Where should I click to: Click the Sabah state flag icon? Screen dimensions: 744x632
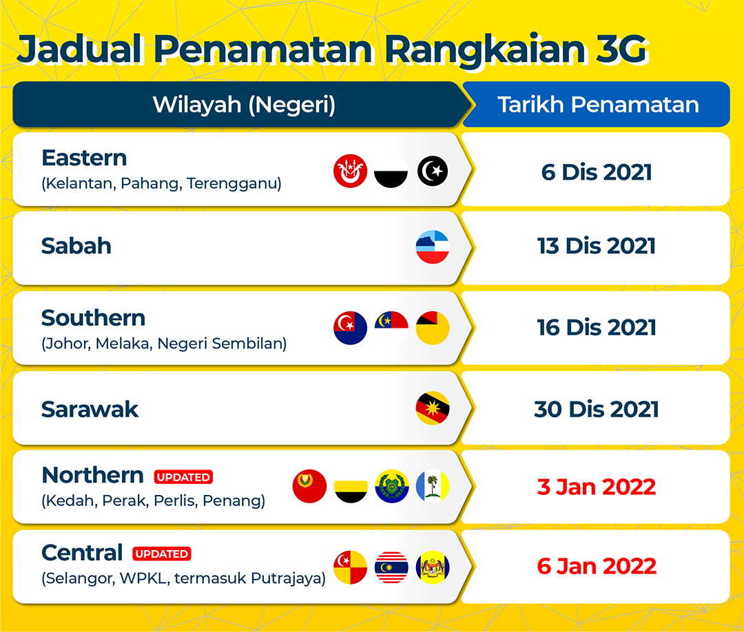coord(432,247)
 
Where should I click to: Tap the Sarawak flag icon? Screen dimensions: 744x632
coord(432,408)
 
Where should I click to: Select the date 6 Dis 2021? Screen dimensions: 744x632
coord(597,172)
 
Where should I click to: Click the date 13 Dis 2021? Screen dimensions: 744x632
coord(597,246)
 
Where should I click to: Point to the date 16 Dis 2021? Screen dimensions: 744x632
coord(597,328)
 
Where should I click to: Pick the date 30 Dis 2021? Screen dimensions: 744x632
coord(597,409)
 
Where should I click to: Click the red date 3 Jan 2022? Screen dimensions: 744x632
coord(597,487)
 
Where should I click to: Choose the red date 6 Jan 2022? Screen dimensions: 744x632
coord(597,566)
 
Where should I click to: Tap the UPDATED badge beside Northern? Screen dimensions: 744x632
coord(183,477)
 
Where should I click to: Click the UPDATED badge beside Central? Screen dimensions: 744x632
coord(162,554)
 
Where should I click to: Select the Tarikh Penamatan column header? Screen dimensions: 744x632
coord(597,105)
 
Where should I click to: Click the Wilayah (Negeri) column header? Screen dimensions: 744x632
coord(243,105)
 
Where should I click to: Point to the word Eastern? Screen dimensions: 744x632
coord(85,158)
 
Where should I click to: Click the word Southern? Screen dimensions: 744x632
coord(94,318)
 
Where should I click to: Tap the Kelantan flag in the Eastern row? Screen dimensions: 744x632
coord(350,171)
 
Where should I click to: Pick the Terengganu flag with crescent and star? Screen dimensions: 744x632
coord(432,171)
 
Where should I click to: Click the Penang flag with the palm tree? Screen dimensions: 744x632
coord(432,486)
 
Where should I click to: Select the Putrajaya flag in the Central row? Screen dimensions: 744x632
coord(432,567)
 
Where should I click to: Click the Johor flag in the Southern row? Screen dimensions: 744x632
coord(350,328)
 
